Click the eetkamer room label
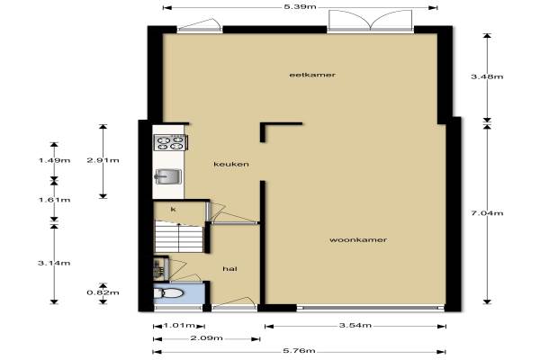coord(312,75)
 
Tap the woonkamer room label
coord(358,239)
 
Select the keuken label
coord(231,164)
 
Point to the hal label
coord(229,269)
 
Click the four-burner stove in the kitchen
coord(170,142)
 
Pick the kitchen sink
coord(168,176)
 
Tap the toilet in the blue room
coord(168,293)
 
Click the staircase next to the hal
coord(179,237)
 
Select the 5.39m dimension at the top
coord(300,7)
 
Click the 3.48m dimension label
coord(487,76)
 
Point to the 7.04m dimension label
coord(487,213)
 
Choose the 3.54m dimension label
coord(355,325)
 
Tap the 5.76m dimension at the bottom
coord(299,351)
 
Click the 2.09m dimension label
coord(207,338)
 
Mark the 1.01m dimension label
coord(179,326)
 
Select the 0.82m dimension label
coord(103,292)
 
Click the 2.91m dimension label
coord(103,160)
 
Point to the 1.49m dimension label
coord(54,160)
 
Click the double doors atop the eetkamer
coord(370,21)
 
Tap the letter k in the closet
coord(173,210)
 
